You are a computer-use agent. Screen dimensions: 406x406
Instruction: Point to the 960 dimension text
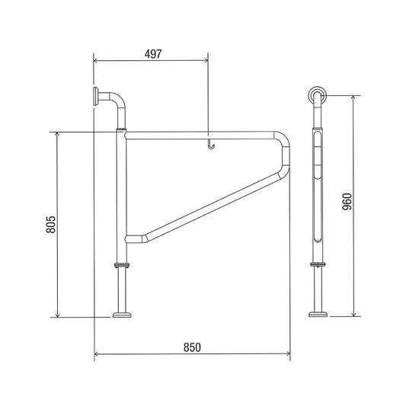[x=347, y=201]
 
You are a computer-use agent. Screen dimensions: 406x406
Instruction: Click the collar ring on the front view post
[x=121, y=265]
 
